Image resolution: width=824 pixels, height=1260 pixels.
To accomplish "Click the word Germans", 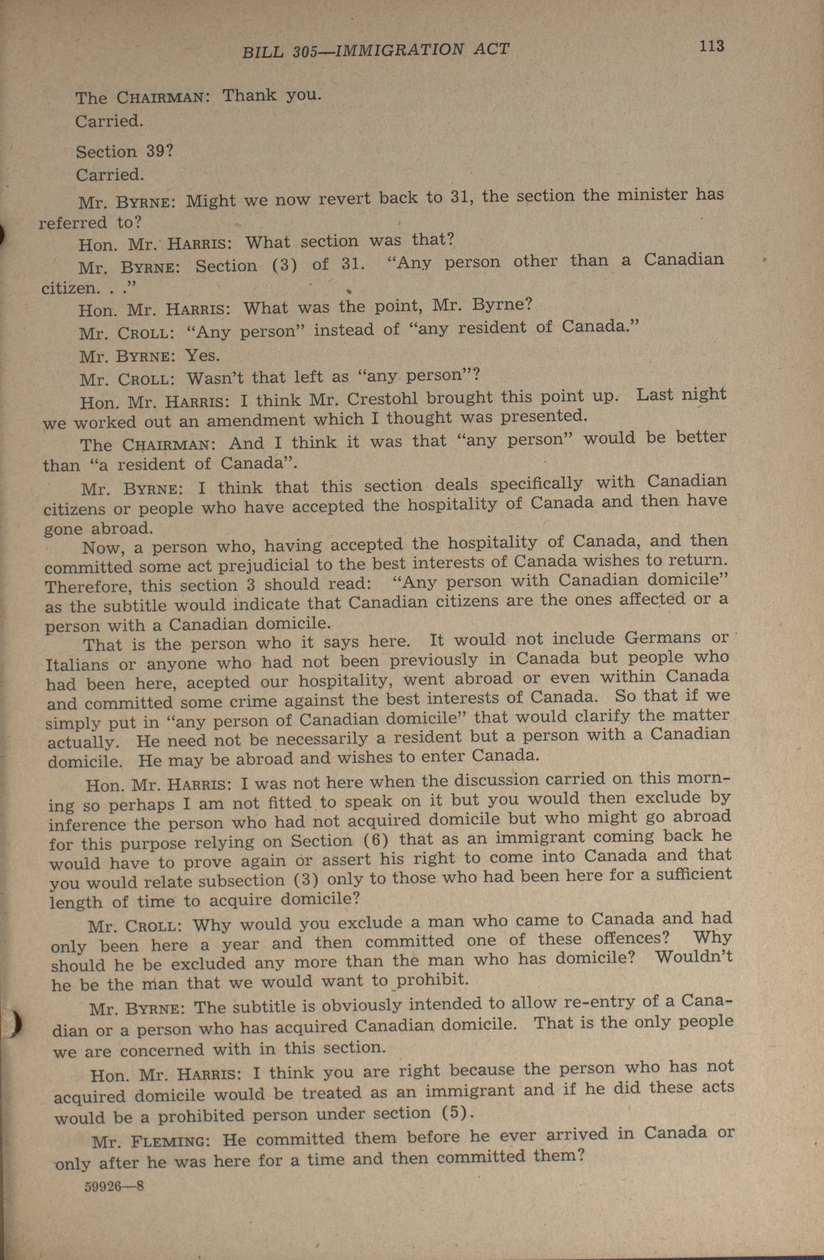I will tap(662, 637).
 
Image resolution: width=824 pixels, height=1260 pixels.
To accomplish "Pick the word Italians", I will tap(77, 664).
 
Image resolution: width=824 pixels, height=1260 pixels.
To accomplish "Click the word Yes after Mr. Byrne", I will tap(202, 355).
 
